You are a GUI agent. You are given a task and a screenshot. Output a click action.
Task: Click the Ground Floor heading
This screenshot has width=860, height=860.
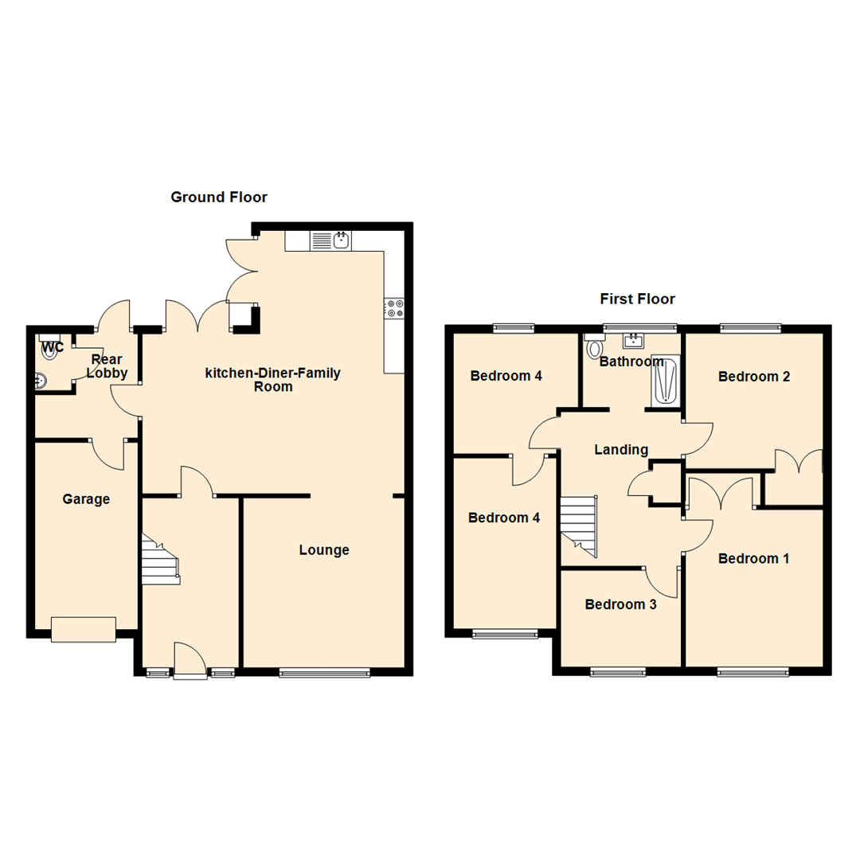219,197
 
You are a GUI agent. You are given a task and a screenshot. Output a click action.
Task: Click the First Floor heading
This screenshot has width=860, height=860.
637,299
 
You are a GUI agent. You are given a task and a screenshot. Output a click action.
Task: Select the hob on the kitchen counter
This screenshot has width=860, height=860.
394,307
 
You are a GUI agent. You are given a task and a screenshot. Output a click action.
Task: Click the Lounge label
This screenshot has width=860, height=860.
324,550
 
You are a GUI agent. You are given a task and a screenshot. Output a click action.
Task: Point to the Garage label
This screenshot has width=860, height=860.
86,500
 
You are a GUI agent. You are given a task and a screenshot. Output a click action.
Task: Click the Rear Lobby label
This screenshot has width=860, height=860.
107,366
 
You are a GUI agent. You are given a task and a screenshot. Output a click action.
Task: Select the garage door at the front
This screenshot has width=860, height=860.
84,629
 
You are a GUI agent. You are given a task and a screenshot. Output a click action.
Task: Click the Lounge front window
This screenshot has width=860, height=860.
325,673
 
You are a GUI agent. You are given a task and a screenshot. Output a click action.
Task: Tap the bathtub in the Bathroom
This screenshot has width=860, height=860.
665,381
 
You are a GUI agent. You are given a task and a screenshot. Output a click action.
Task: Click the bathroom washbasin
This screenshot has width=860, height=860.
633,341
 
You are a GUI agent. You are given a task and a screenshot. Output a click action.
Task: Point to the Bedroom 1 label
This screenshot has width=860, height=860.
753,559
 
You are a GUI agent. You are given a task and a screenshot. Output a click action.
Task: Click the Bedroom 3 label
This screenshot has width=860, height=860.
620,605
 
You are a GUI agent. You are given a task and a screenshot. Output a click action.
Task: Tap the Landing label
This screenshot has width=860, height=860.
621,450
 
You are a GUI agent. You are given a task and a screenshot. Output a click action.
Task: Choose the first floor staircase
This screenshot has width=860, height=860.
579,525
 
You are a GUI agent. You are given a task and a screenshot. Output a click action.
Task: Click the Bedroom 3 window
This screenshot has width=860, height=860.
618,673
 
